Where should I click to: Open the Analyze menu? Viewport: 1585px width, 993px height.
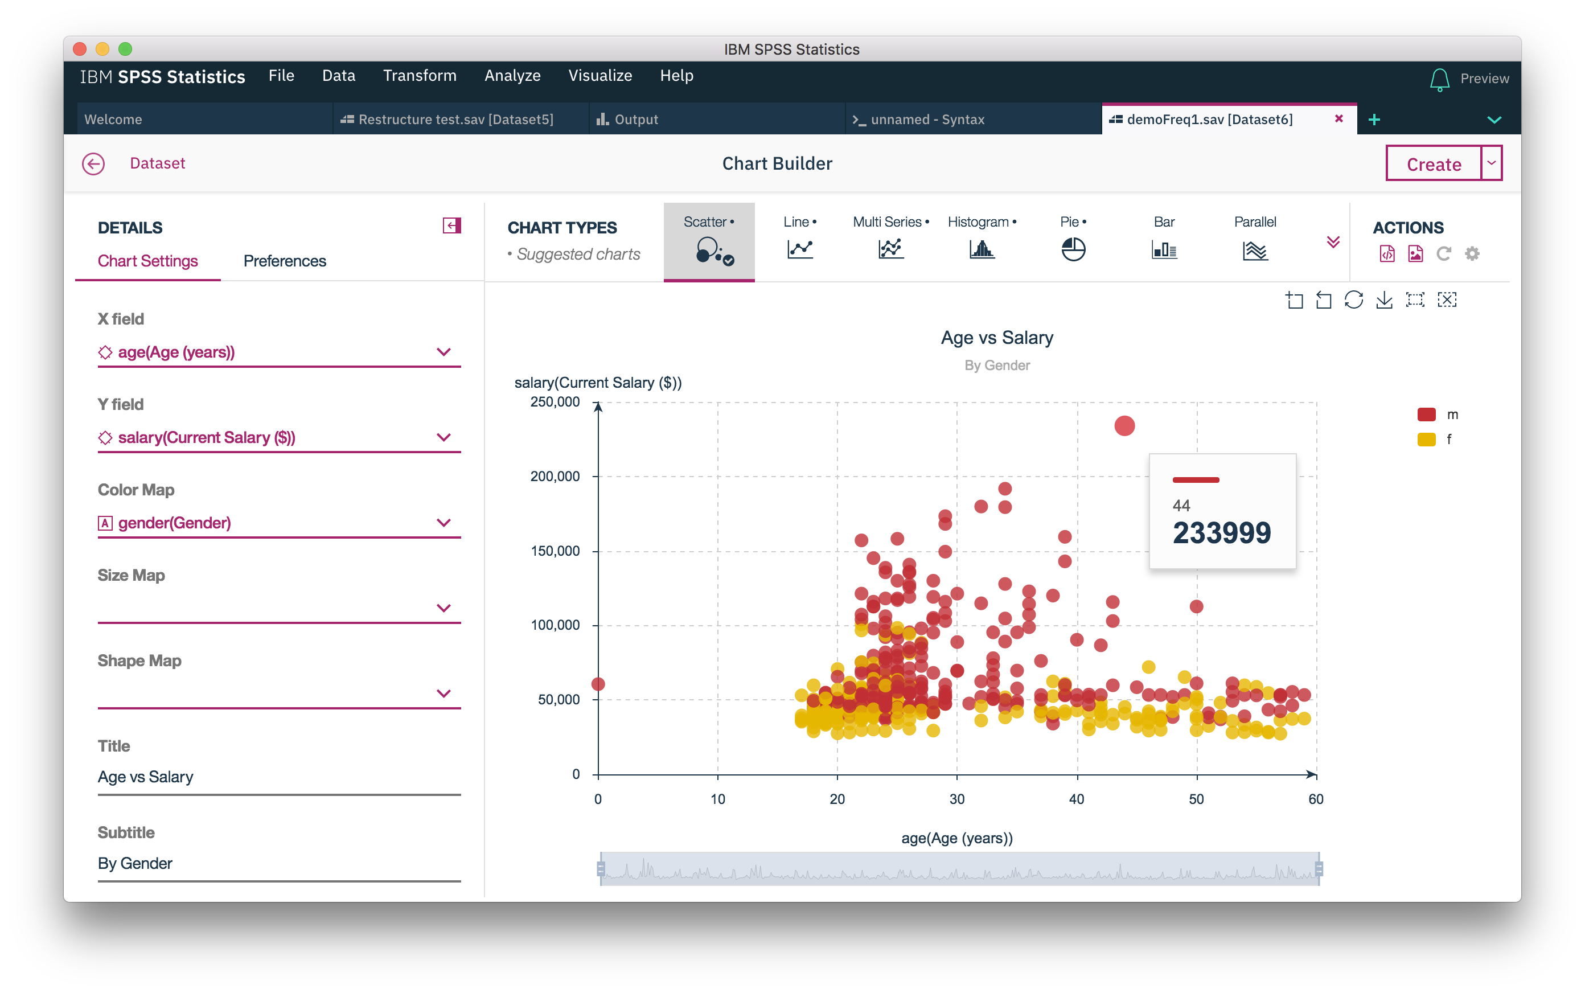pos(512,76)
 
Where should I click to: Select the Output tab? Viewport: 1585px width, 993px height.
pos(635,120)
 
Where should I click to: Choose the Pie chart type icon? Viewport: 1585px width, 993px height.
pos(1073,249)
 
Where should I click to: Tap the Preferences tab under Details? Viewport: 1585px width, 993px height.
pos(284,261)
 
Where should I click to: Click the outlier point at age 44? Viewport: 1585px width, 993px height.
pos(1124,425)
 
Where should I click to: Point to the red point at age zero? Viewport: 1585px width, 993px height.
pos(597,684)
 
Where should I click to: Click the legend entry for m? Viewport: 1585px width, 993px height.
pos(1452,415)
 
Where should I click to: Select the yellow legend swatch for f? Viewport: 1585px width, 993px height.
pos(1426,440)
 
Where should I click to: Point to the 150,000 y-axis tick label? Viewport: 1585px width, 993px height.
pos(555,551)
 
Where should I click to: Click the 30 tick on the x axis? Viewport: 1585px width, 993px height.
pos(956,799)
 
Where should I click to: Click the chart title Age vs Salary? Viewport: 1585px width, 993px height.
pos(996,338)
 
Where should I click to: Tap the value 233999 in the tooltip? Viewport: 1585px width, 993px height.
pos(1221,532)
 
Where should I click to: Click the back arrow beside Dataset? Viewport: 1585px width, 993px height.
pos(93,163)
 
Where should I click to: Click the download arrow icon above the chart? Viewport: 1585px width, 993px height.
pos(1384,300)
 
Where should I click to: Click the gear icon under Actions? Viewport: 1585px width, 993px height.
pos(1472,253)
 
